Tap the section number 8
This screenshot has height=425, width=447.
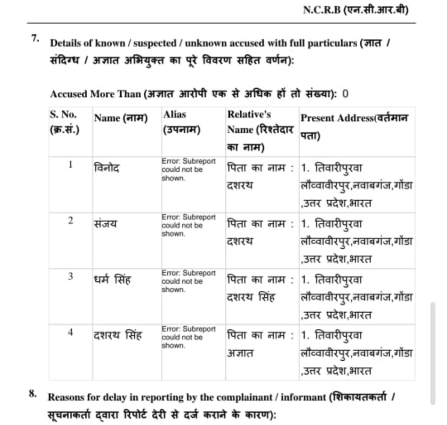pos(33,392)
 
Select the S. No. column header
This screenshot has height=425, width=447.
pos(64,123)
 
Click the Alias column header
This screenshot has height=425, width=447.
pos(182,123)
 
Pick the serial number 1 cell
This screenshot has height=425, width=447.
pos(70,165)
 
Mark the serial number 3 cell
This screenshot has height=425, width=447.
pos(70,276)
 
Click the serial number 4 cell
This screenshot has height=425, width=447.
pos(70,332)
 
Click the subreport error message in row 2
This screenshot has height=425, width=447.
pos(189,225)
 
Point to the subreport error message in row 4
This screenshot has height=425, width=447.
pos(189,337)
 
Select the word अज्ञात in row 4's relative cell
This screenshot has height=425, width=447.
pos(240,353)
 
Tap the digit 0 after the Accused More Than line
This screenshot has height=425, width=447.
pos(346,93)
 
